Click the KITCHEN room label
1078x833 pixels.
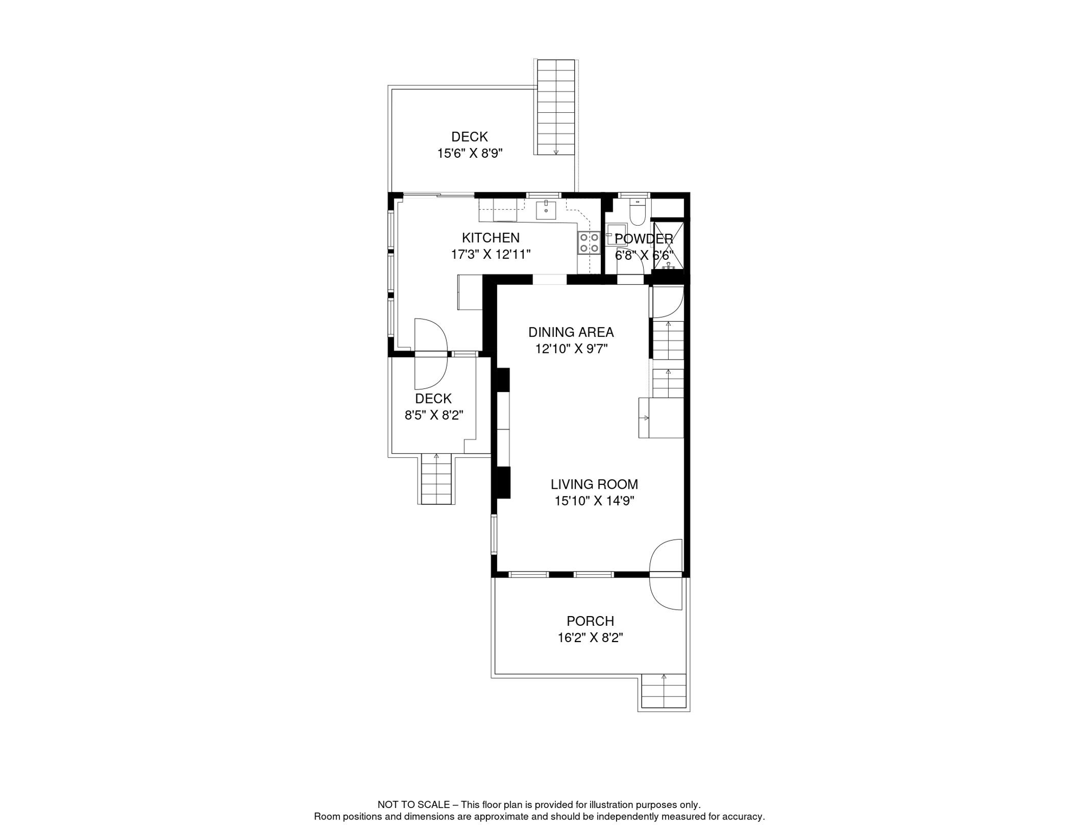(x=490, y=238)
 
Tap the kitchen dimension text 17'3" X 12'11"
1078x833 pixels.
(x=490, y=254)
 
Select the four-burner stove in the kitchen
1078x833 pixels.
(x=588, y=242)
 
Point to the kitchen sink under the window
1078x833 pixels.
(x=546, y=209)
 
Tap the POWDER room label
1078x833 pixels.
(x=643, y=239)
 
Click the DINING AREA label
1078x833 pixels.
(x=570, y=332)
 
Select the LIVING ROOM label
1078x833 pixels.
(x=594, y=484)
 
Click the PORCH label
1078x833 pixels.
(x=590, y=621)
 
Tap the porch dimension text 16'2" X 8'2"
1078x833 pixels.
(x=590, y=638)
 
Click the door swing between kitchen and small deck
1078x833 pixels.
(x=431, y=354)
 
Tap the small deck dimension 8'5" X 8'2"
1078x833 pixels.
(x=433, y=415)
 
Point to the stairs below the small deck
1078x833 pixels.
(x=437, y=479)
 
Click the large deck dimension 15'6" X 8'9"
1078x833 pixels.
(x=470, y=153)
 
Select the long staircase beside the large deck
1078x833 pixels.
(x=556, y=107)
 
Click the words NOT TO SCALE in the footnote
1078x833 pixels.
(x=413, y=805)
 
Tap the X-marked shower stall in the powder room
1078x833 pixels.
(x=668, y=245)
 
